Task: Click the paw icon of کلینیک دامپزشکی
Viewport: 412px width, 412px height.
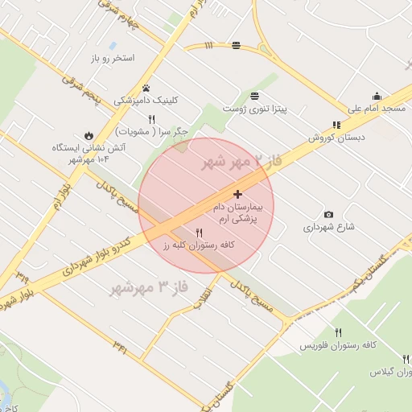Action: (x=146, y=89)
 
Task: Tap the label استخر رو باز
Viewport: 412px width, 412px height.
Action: (x=112, y=59)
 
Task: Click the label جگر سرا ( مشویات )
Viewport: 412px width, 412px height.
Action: (x=152, y=130)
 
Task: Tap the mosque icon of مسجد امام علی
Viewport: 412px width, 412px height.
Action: (x=377, y=97)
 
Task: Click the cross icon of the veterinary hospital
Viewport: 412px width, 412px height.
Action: (x=237, y=194)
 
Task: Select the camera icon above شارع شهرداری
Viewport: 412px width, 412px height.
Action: (x=328, y=215)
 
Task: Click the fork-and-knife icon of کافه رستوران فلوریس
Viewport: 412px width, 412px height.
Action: (x=339, y=332)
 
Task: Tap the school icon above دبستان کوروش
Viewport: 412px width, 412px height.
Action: (x=336, y=125)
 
